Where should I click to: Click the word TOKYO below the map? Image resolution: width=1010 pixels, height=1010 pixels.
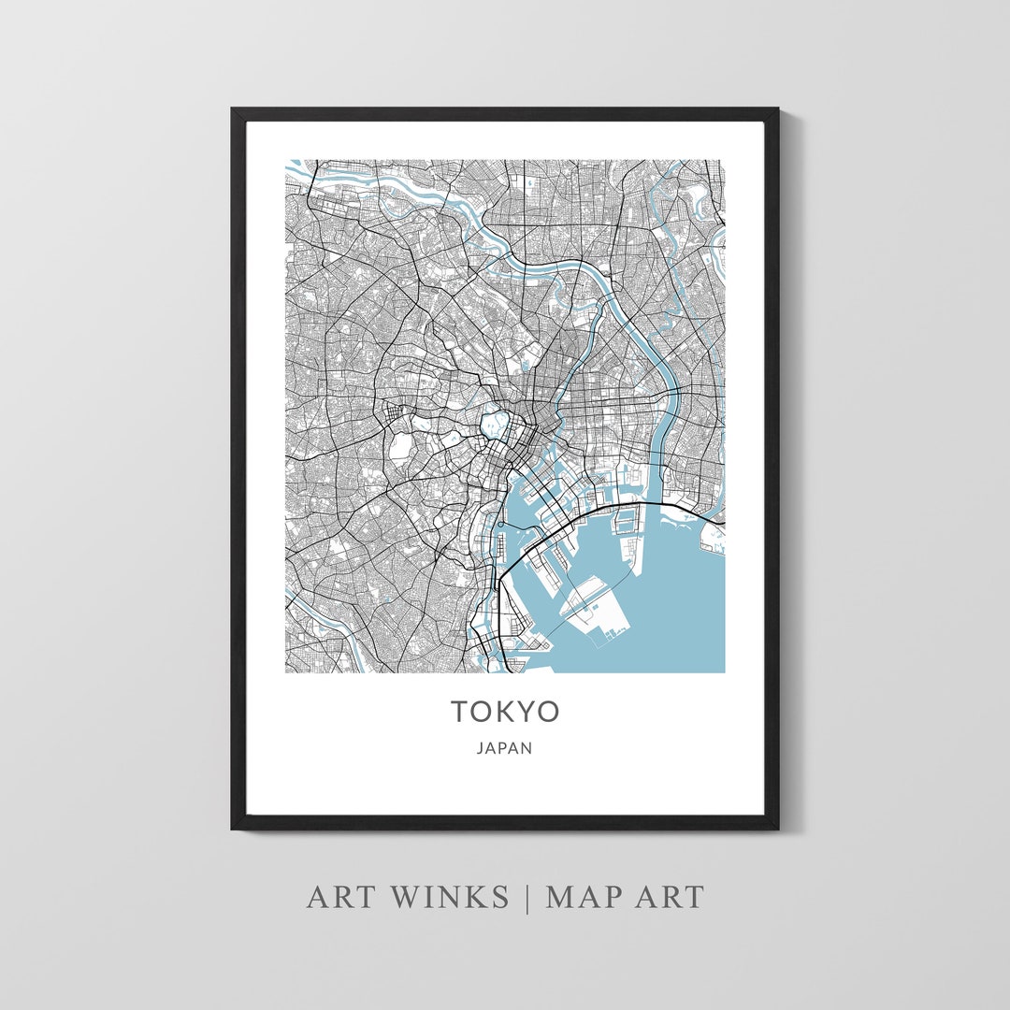tap(505, 712)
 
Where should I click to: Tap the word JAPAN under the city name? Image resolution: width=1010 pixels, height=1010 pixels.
tap(505, 748)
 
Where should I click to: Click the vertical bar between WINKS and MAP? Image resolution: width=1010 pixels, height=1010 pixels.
tap(527, 897)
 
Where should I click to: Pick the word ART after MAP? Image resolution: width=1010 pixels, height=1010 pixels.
tap(666, 897)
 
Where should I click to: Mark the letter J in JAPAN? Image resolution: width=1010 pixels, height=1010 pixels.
tap(480, 748)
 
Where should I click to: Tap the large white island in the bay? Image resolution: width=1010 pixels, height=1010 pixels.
tap(599, 613)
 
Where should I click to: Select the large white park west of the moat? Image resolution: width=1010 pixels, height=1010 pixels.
tap(399, 446)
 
